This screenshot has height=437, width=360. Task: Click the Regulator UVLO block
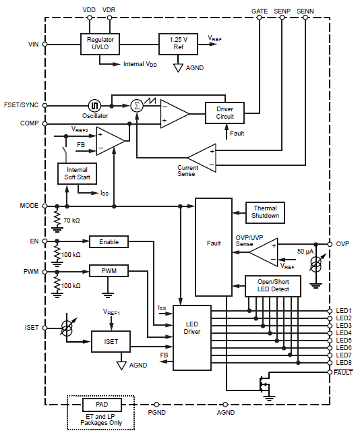point(100,44)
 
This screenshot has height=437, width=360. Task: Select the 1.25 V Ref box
point(179,44)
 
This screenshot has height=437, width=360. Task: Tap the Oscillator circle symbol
point(95,106)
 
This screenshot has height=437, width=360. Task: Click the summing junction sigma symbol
point(137,106)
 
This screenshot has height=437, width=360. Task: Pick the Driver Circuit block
point(224,113)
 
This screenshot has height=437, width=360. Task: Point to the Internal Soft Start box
point(77,173)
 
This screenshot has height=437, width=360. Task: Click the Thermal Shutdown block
point(265,212)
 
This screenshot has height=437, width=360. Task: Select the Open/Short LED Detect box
point(273,286)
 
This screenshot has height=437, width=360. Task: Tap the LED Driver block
point(192,338)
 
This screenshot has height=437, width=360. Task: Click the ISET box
point(111,341)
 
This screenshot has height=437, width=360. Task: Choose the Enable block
point(109,241)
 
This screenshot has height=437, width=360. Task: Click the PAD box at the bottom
point(102,405)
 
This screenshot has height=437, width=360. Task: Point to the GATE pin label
point(260,11)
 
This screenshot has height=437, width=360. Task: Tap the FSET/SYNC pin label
point(21,105)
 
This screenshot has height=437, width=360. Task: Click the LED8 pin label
point(344,363)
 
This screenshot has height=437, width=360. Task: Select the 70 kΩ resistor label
point(71,221)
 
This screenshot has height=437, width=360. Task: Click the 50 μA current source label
point(305,252)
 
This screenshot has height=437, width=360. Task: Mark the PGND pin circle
point(156,405)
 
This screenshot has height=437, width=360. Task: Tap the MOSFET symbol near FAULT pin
point(264,384)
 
